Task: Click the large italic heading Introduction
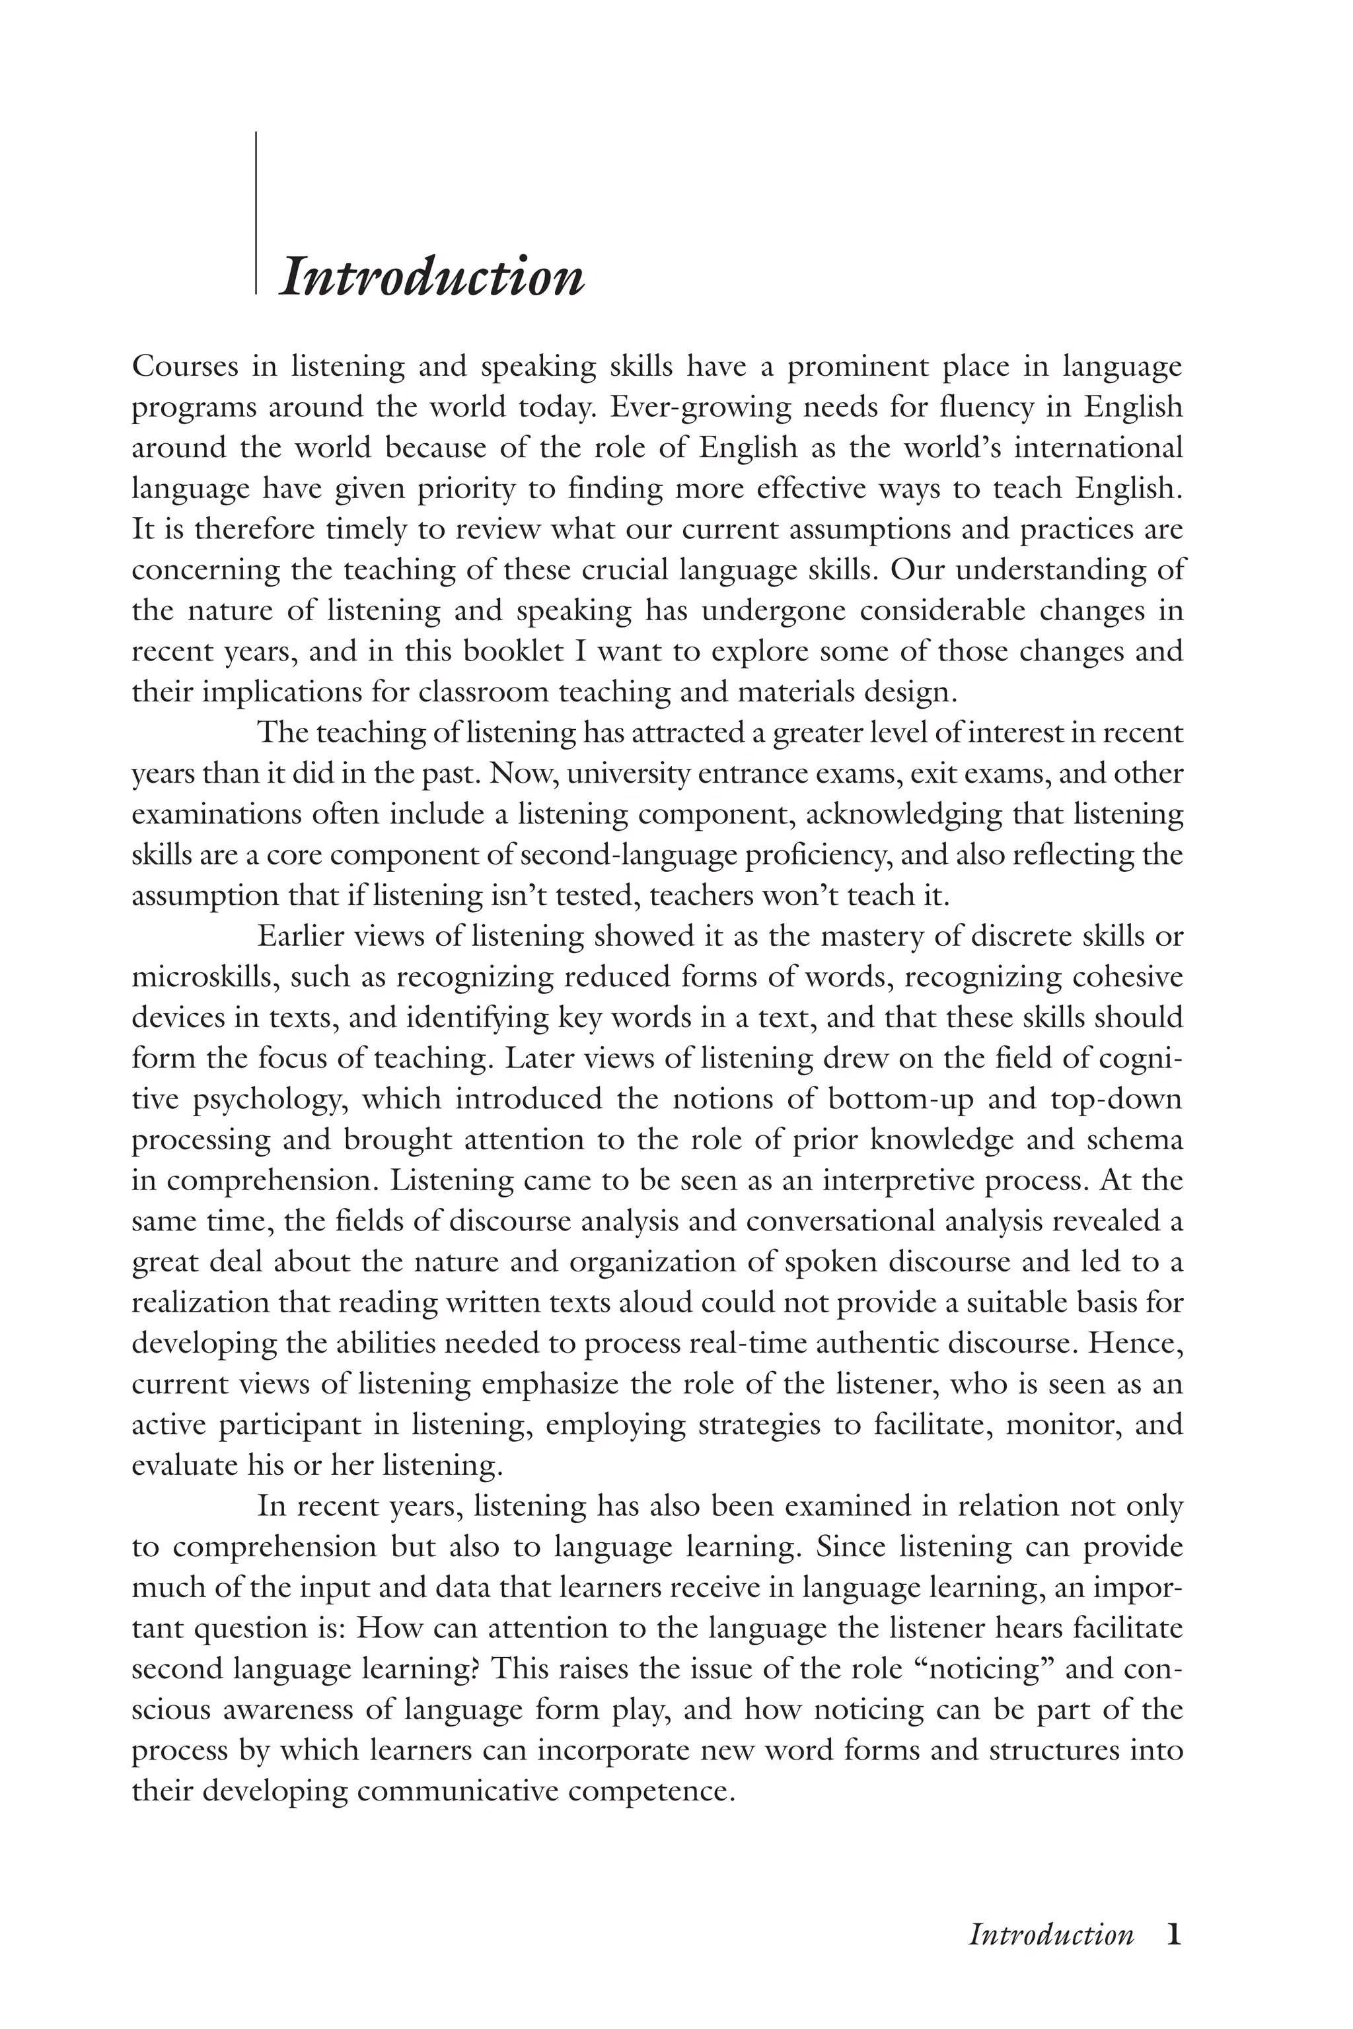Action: click(x=431, y=278)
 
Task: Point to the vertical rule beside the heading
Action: click(x=256, y=213)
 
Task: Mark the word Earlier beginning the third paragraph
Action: click(x=299, y=936)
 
